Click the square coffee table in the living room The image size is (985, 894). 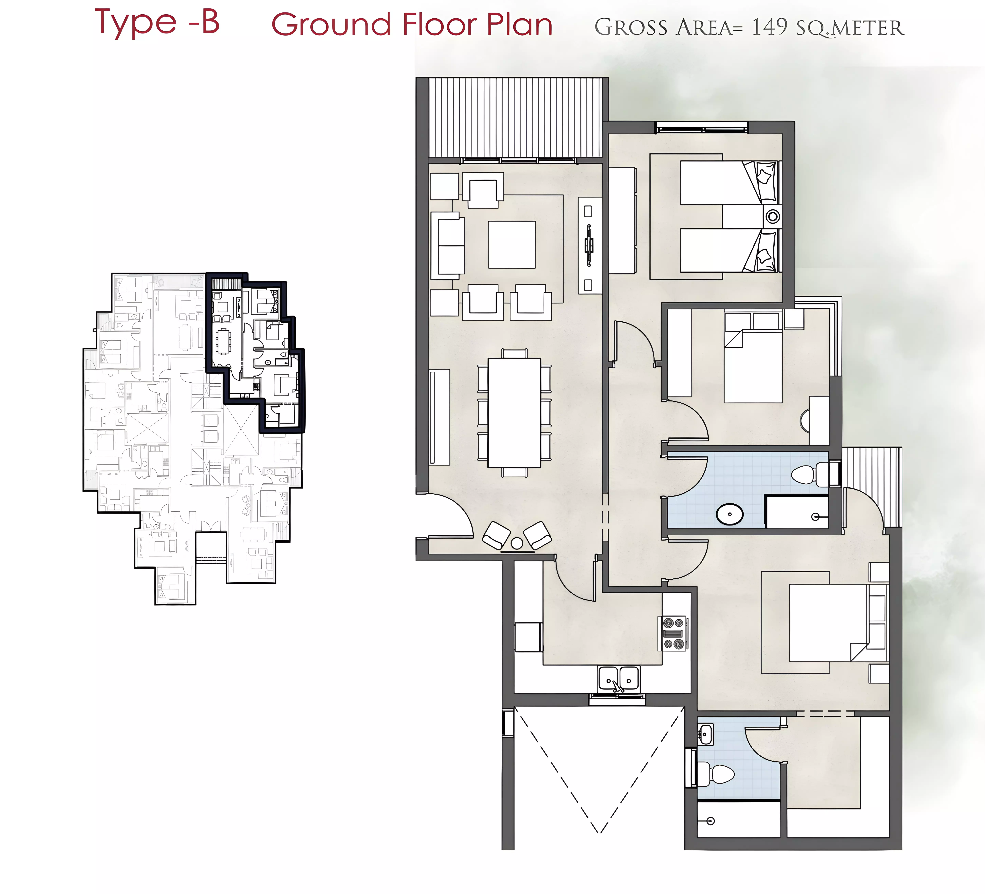(512, 244)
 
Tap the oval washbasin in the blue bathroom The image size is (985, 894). (730, 514)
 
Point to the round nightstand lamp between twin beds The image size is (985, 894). (772, 216)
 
